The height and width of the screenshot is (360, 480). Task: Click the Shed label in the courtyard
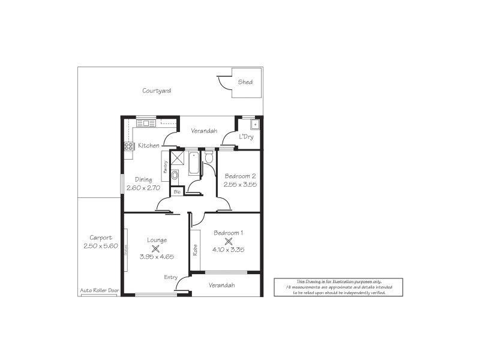click(245, 82)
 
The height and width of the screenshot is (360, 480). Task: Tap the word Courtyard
click(157, 91)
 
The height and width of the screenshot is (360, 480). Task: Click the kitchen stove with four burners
click(128, 145)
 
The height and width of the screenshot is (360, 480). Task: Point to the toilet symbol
click(208, 157)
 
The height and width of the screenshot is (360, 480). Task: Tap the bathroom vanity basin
click(175, 176)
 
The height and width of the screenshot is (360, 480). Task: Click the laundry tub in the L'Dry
click(254, 126)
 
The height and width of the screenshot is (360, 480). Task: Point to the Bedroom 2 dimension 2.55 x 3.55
click(240, 184)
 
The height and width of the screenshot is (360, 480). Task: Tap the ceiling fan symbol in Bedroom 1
click(228, 240)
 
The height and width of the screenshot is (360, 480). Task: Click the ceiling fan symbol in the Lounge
click(156, 248)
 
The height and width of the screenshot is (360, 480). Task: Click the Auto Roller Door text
click(100, 290)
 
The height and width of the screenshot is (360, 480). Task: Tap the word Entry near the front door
click(171, 277)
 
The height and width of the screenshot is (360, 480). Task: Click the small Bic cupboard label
click(177, 192)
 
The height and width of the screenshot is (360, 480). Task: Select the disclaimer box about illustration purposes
click(338, 287)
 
